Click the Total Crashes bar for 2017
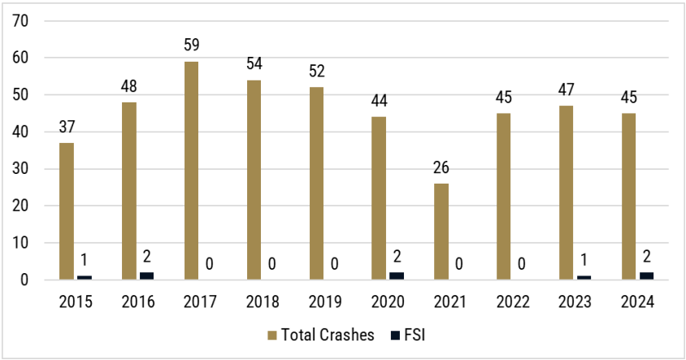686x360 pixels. click(x=191, y=171)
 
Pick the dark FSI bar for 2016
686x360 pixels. click(x=147, y=276)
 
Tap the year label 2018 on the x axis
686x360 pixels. click(x=263, y=302)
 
